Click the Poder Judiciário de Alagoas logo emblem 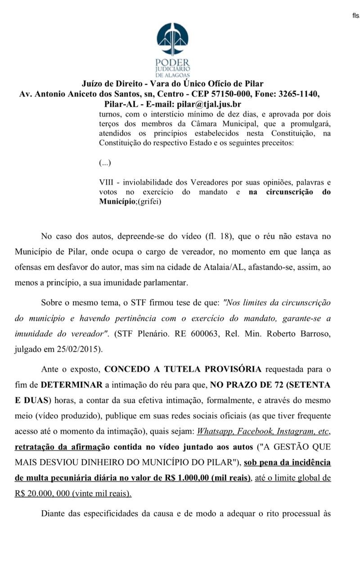tap(173, 40)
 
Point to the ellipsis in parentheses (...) tap(105, 162)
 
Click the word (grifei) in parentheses tap(150, 202)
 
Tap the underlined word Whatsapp tap(215, 431)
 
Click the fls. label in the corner tap(355, 16)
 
